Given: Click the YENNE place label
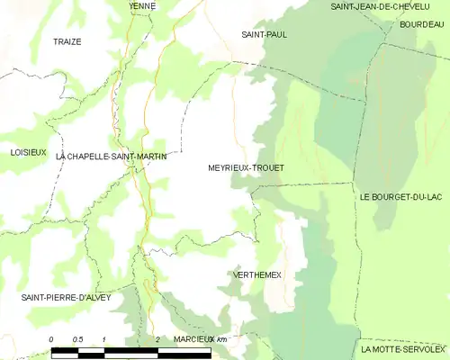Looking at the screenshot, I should click(142, 6).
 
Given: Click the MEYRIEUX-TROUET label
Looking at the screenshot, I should click(246, 167).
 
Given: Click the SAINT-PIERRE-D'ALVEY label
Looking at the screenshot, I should click(65, 296).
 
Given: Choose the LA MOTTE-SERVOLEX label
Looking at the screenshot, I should click(403, 348).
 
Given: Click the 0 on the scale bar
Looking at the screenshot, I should click(52, 338).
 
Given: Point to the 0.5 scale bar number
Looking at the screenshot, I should click(77, 338).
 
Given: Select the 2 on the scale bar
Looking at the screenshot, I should click(157, 338).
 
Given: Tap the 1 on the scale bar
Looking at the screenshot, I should click(105, 338).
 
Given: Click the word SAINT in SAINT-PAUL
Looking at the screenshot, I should click(250, 34).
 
